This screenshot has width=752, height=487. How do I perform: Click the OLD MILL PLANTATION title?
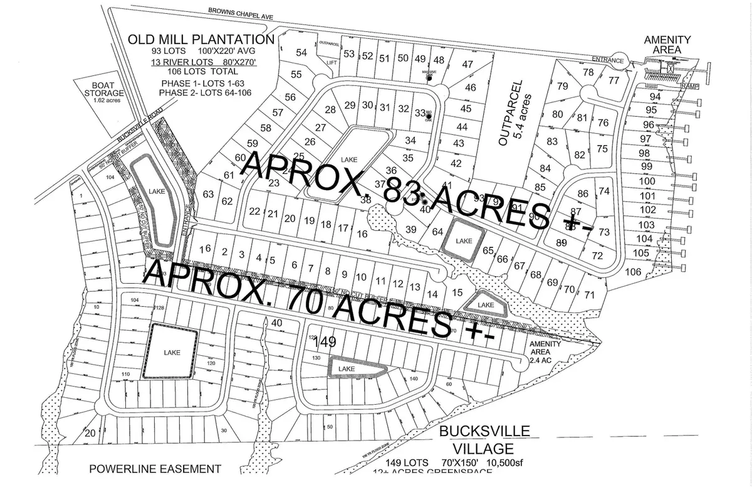[201, 40]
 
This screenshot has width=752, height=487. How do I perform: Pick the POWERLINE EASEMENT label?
[155, 468]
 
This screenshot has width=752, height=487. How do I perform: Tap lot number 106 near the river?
[634, 272]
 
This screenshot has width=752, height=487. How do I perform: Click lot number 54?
[301, 53]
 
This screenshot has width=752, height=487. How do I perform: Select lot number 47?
[467, 64]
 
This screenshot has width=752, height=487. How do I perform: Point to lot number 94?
[655, 97]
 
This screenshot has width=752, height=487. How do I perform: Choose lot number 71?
[589, 294]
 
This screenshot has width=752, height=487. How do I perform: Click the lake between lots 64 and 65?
[464, 240]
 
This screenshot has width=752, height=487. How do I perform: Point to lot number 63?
[209, 193]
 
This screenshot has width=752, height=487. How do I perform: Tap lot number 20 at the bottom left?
[90, 432]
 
